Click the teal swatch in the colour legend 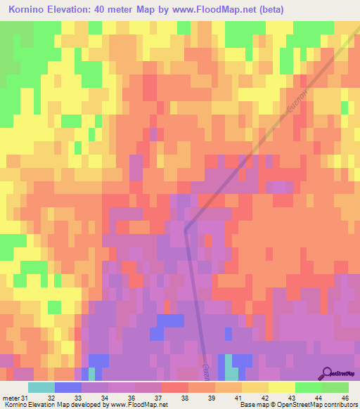tap(41, 388)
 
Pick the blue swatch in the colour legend tap(68, 388)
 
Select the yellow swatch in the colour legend tap(282, 388)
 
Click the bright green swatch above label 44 tap(309, 388)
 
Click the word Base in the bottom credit tap(247, 404)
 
